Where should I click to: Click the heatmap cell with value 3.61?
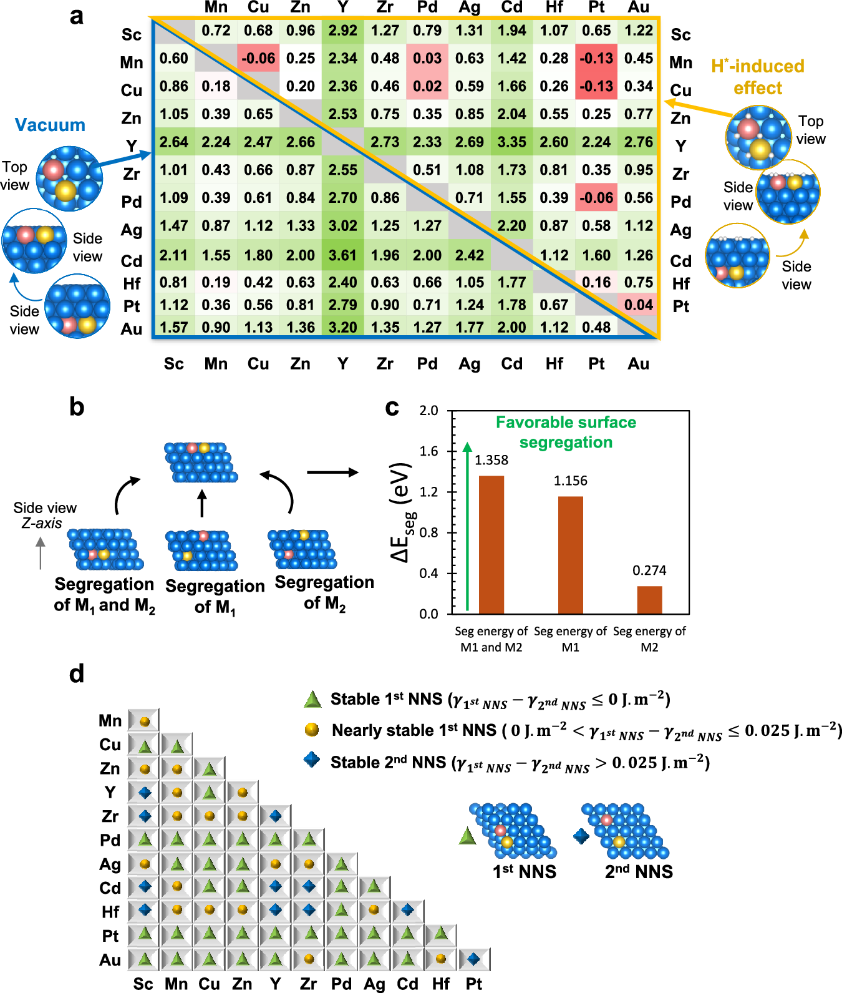[x=343, y=255]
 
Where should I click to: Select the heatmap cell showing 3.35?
[x=512, y=142]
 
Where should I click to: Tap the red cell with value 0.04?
[x=639, y=305]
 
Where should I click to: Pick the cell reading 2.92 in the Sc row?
[x=343, y=31]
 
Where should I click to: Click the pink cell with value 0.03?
[x=427, y=58]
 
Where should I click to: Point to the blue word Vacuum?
[x=50, y=125]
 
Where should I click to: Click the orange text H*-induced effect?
[x=757, y=77]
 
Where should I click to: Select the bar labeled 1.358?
[x=491, y=544]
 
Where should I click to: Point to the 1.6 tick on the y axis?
[x=428, y=451]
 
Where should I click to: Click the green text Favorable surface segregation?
[x=566, y=432]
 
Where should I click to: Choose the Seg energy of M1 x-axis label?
[x=570, y=639]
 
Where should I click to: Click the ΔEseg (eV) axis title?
[x=402, y=512]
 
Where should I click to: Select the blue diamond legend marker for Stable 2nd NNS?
[x=312, y=760]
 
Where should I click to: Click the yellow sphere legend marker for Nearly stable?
[x=312, y=730]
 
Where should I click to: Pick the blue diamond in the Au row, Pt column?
[x=474, y=959]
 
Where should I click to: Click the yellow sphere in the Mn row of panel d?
[x=145, y=722]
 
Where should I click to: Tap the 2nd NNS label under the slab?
[x=639, y=871]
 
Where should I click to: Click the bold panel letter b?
[x=77, y=407]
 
